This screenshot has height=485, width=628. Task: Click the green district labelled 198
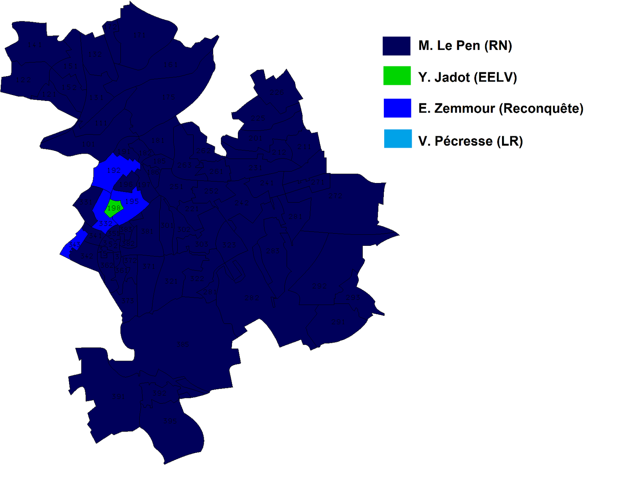tap(113, 208)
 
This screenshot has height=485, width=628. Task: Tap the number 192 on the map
tap(113, 170)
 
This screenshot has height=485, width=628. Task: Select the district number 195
tap(132, 201)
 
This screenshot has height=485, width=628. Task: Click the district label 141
tap(35, 45)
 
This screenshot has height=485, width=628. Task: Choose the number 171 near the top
tap(139, 35)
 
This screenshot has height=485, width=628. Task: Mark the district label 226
tap(257, 117)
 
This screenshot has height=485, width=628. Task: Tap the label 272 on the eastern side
tap(335, 196)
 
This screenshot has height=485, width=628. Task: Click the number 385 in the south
tap(183, 344)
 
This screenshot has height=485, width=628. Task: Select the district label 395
tap(170, 421)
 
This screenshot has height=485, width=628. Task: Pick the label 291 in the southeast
tap(338, 322)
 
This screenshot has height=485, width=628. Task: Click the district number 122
tap(23, 80)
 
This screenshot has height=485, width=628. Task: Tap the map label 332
tap(106, 223)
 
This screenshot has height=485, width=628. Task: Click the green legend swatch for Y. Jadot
tap(397, 75)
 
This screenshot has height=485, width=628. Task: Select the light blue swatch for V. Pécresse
tap(398, 139)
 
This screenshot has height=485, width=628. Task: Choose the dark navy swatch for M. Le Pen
tap(396, 46)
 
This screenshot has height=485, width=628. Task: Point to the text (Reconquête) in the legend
tap(541, 108)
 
